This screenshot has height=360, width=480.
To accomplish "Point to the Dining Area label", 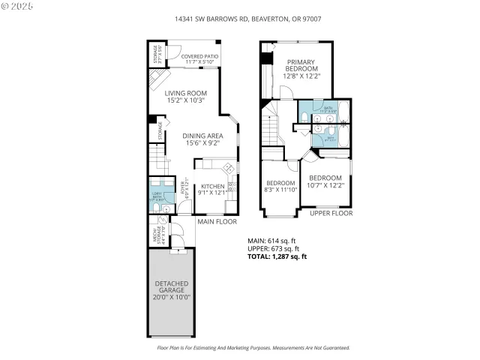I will (x=203, y=139).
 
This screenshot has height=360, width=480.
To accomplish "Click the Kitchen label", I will (x=211, y=189).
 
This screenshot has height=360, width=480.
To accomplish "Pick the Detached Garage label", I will (x=172, y=289).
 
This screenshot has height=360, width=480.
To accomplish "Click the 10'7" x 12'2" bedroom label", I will (x=325, y=181).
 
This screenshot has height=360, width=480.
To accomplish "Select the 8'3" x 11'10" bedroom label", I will (x=280, y=186).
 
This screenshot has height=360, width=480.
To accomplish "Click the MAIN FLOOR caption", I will (x=217, y=222).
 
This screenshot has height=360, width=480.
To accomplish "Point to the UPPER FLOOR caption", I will (x=331, y=214).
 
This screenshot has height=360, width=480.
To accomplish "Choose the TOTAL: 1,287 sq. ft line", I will (x=277, y=257).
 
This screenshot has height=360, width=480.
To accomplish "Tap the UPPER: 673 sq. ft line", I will (x=274, y=249).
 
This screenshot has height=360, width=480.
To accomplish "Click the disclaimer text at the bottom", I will (x=253, y=348).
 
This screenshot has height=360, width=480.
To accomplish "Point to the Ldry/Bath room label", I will (x=157, y=197).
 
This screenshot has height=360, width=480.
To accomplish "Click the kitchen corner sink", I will (x=227, y=167).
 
